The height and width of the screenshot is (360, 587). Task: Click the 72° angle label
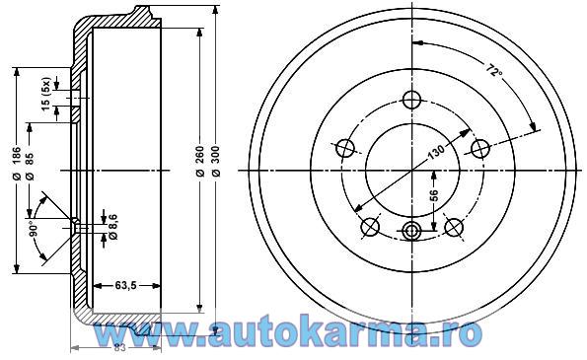click(494, 70)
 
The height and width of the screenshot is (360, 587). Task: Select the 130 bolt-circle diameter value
click(436, 152)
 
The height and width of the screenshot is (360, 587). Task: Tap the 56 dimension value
click(433, 195)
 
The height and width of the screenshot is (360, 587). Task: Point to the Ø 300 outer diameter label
click(216, 161)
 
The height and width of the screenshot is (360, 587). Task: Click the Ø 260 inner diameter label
click(200, 161)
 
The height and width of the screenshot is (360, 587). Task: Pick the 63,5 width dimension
click(126, 285)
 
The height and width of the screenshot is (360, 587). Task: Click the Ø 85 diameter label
click(30, 166)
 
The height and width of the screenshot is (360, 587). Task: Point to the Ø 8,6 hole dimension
click(113, 227)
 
